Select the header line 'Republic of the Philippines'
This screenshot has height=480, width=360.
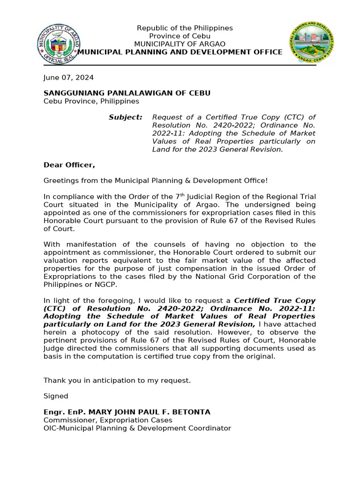click(185, 28)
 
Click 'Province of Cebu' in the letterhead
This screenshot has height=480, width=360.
click(180, 36)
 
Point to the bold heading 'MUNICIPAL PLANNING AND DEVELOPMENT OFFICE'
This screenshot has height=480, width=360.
click(180, 52)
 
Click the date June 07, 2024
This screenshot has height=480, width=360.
click(68, 78)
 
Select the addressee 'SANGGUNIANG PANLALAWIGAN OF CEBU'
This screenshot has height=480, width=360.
click(127, 93)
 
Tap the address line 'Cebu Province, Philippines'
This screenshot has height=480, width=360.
click(91, 101)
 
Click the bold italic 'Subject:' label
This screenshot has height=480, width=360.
click(126, 117)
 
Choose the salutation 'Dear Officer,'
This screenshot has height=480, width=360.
click(69, 165)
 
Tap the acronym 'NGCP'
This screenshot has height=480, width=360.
click(106, 284)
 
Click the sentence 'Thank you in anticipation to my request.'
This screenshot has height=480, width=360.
click(117, 380)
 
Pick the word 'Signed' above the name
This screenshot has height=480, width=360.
click(56, 396)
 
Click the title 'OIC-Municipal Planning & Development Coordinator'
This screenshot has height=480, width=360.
click(137, 428)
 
